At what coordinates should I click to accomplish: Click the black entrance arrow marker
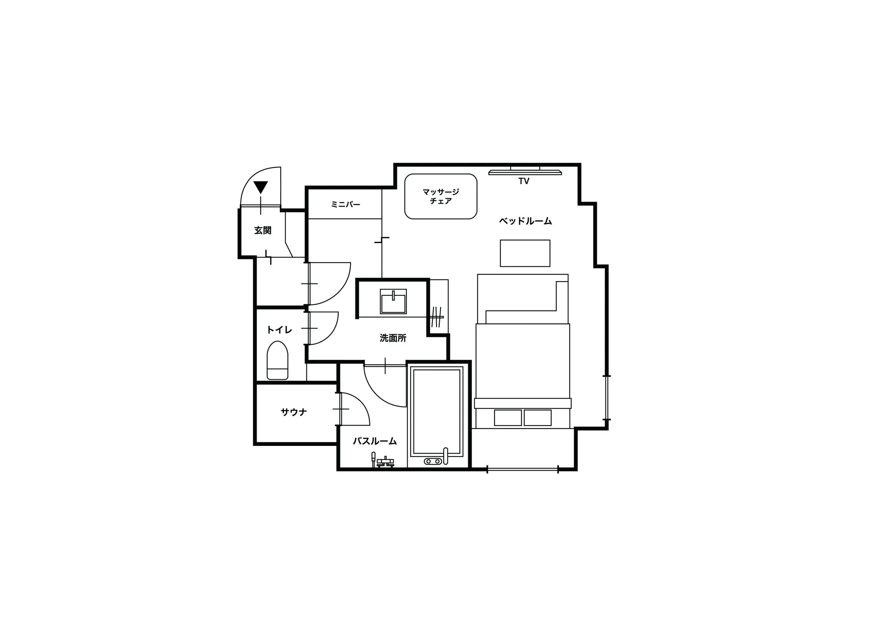pyautogui.click(x=260, y=187)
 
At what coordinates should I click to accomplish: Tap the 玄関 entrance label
pyautogui.click(x=263, y=230)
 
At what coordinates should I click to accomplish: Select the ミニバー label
pyautogui.click(x=346, y=205)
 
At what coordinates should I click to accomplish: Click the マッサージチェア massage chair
pyautogui.click(x=440, y=196)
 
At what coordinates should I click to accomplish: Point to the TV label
pyautogui.click(x=523, y=181)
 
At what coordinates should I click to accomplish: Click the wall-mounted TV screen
pyautogui.click(x=525, y=171)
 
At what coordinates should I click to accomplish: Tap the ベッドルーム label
pyautogui.click(x=525, y=221)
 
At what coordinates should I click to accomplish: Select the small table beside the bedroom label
pyautogui.click(x=525, y=253)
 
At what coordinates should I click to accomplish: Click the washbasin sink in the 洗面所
pyautogui.click(x=393, y=301)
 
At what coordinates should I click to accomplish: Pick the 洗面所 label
pyautogui.click(x=393, y=338)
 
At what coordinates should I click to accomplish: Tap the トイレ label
pyautogui.click(x=279, y=330)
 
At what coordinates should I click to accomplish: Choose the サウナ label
pyautogui.click(x=294, y=412)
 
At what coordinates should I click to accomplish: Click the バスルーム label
pyautogui.click(x=375, y=441)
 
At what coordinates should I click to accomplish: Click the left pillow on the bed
pyautogui.click(x=508, y=418)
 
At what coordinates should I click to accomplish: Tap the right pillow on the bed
pyautogui.click(x=538, y=418)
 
